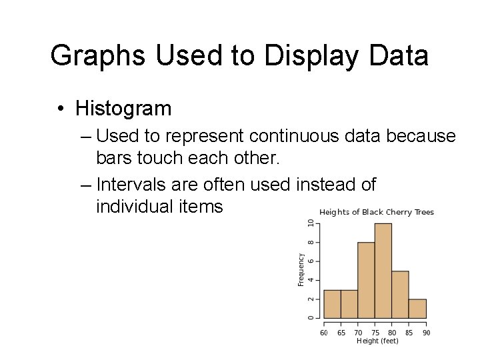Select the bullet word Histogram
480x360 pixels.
[123, 108]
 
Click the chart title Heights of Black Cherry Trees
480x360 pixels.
[377, 212]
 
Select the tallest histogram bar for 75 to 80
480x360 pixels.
[383, 271]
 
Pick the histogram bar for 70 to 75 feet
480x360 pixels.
[366, 280]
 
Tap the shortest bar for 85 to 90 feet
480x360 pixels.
[417, 309]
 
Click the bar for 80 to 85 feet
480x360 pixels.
[400, 294]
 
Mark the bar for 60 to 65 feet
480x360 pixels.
[332, 304]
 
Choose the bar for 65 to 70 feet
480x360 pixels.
[349, 304]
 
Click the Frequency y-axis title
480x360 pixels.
[301, 269]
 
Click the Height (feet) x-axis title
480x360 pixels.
[377, 341]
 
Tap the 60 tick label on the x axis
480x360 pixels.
[324, 332]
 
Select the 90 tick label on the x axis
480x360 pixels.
[426, 332]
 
